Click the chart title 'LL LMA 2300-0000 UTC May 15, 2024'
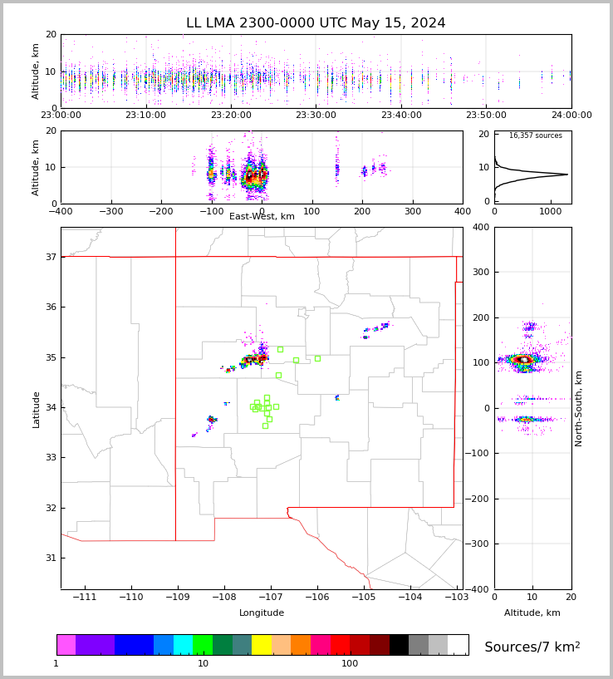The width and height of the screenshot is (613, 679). pyautogui.click(x=316, y=23)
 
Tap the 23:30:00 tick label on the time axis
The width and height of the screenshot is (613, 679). pyautogui.click(x=316, y=116)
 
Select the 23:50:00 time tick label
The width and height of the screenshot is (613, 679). pyautogui.click(x=486, y=116)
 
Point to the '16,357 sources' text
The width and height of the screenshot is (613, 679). pyautogui.click(x=535, y=135)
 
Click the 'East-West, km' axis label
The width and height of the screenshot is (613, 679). pyautogui.click(x=262, y=217)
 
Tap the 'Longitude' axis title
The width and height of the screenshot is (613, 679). pyautogui.click(x=262, y=613)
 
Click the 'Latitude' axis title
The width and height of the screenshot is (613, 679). pyautogui.click(x=37, y=409)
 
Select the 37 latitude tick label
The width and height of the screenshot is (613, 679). pyautogui.click(x=50, y=258)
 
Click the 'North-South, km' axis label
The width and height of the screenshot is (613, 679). pyautogui.click(x=580, y=408)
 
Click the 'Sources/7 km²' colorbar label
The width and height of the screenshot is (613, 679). pyautogui.click(x=532, y=647)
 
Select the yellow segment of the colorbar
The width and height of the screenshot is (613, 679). pyautogui.click(x=262, y=645)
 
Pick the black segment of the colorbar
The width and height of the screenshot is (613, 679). pyautogui.click(x=399, y=645)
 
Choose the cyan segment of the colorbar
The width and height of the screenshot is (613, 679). pyautogui.click(x=183, y=645)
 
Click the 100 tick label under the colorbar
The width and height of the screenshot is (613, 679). pyautogui.click(x=350, y=664)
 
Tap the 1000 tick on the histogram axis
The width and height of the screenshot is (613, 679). pyautogui.click(x=552, y=211)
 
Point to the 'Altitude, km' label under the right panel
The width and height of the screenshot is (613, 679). pyautogui.click(x=532, y=613)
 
